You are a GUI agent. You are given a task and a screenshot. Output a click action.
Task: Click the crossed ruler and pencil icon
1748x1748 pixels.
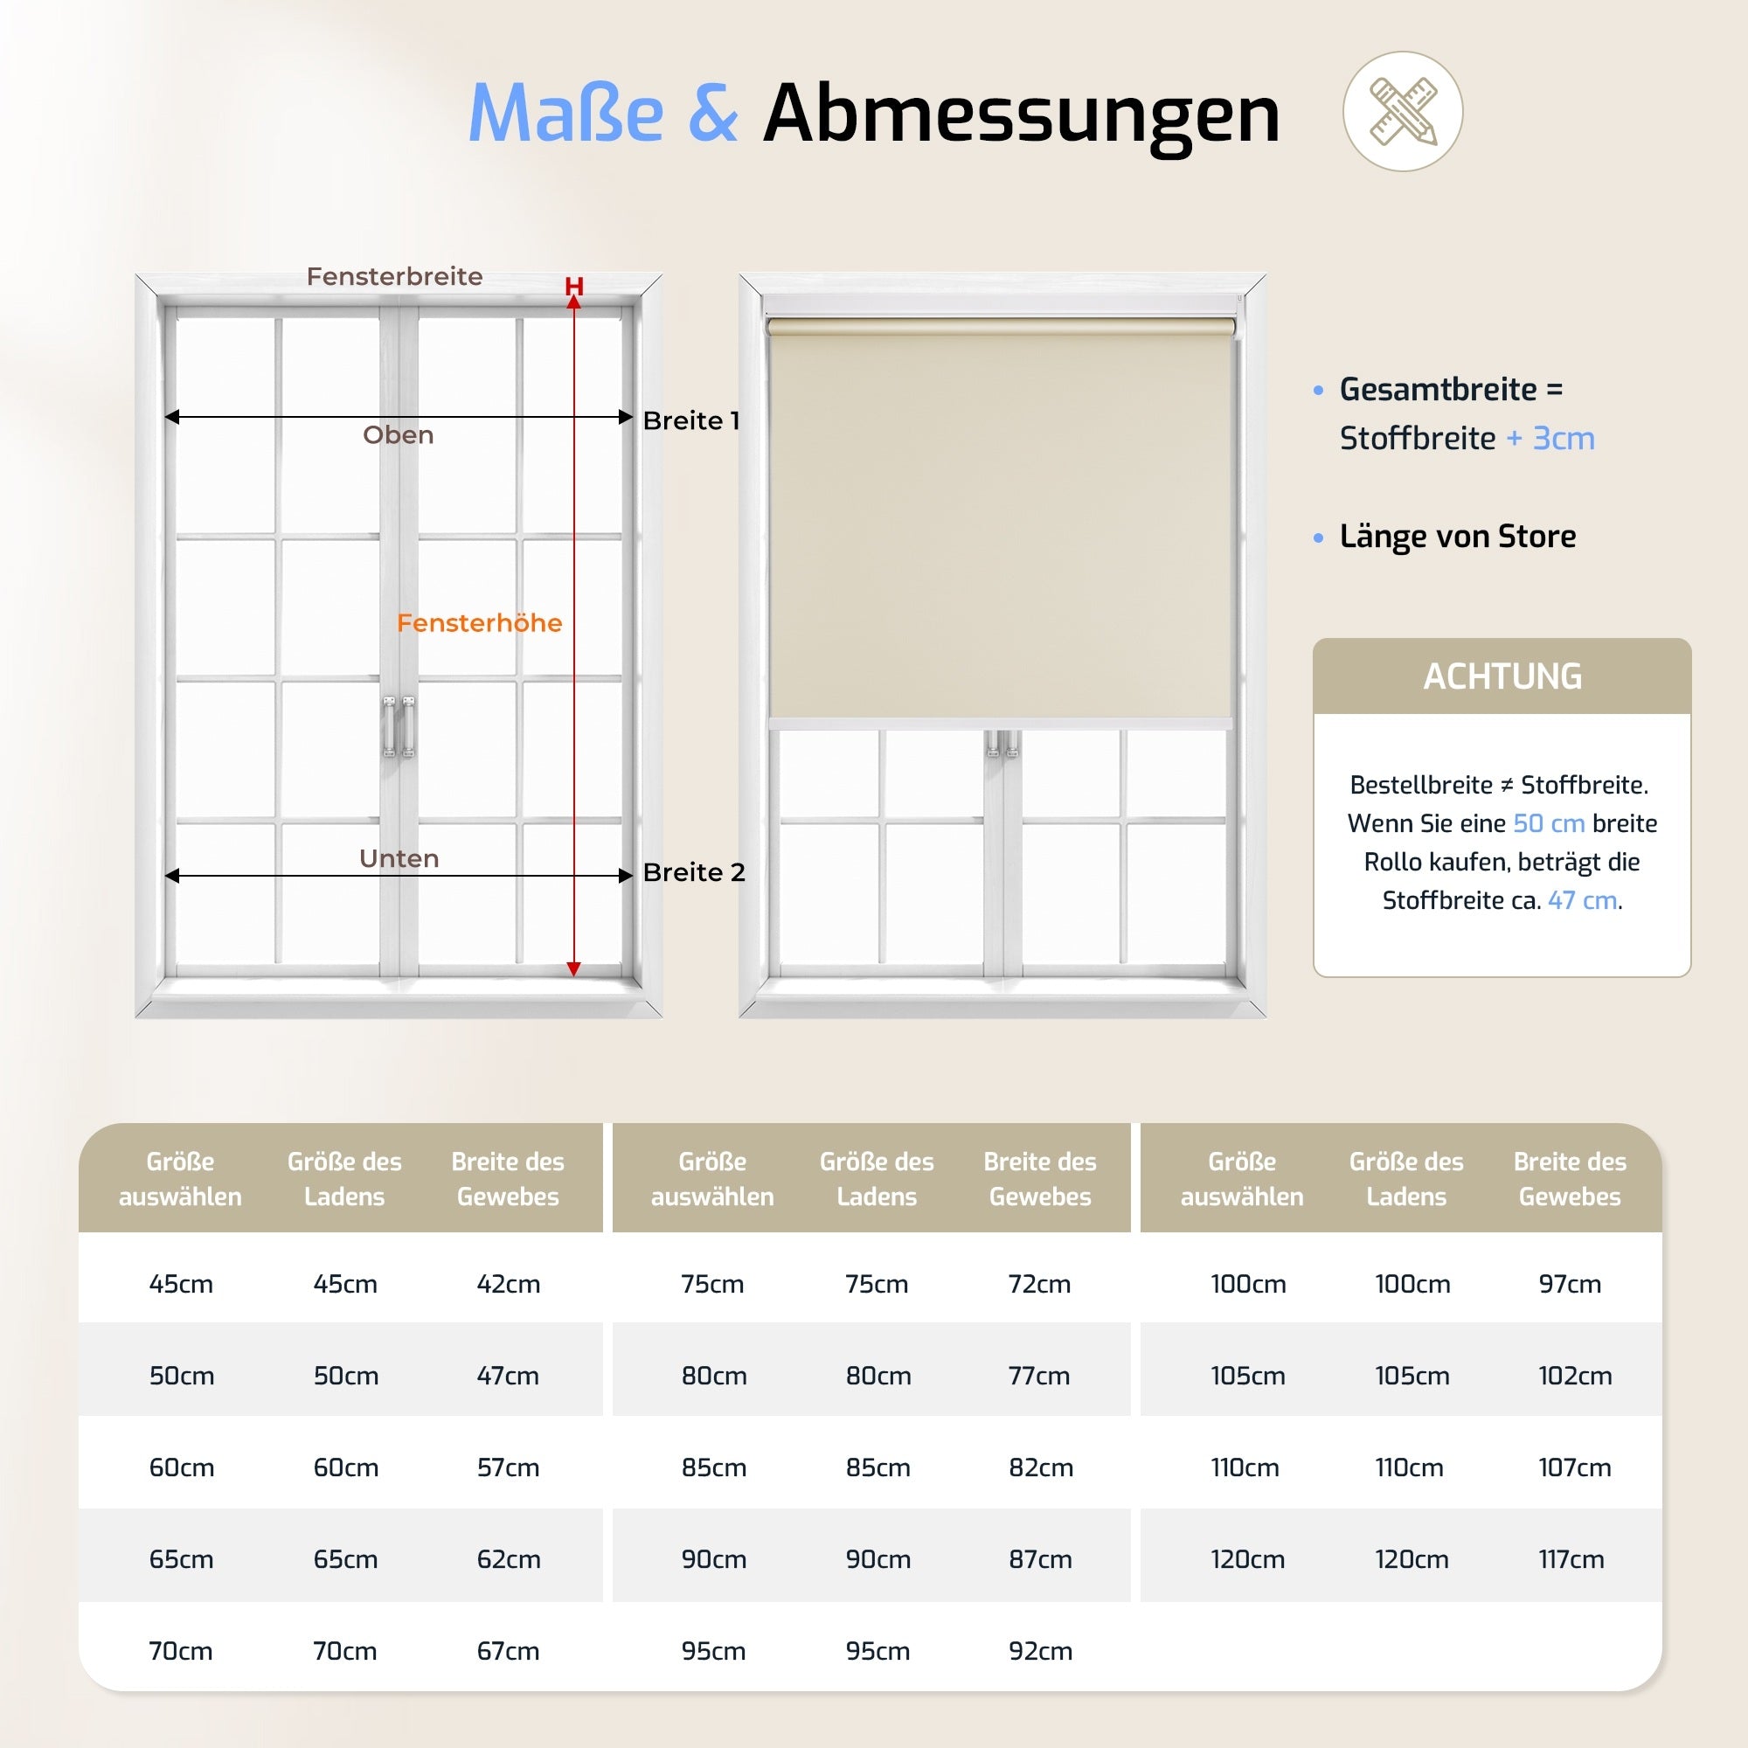(1403, 111)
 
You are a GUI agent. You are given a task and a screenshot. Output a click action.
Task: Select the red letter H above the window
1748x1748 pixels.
(573, 286)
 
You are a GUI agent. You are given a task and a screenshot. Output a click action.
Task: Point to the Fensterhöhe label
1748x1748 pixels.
(480, 622)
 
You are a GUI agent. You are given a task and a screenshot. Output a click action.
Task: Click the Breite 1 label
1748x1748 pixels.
(691, 420)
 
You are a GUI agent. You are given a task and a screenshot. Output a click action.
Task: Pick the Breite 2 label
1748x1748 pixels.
(694, 872)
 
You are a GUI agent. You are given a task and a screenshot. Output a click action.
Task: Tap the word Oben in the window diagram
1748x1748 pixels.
(398, 435)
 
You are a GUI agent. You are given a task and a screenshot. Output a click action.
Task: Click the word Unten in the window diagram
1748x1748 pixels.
(399, 857)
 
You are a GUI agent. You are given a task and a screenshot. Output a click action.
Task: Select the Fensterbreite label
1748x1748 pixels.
(394, 276)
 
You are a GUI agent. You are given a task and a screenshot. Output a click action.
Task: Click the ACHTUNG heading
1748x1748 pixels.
(1502, 676)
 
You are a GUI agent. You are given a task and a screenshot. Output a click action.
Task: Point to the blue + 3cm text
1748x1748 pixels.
(1550, 438)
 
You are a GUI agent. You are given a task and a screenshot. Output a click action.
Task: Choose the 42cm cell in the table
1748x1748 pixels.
(509, 1283)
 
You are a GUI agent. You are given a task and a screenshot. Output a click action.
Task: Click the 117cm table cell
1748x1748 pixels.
(1571, 1559)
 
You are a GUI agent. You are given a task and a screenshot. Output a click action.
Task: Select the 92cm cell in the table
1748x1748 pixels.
(1040, 1650)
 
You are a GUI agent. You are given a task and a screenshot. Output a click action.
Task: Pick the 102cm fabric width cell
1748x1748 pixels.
(1574, 1375)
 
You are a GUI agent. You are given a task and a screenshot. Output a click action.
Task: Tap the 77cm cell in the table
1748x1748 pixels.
(1038, 1375)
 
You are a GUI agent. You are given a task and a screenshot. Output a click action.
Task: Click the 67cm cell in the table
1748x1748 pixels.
(509, 1650)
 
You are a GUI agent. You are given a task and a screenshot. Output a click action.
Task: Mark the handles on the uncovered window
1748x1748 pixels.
(398, 725)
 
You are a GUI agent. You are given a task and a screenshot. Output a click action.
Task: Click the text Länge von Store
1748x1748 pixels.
(1458, 537)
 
